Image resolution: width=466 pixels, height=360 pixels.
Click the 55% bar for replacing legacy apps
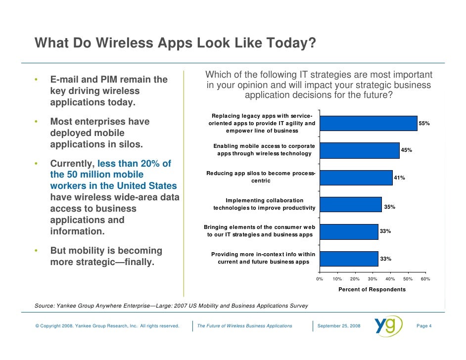369,123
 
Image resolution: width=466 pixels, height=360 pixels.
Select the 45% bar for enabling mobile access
360,150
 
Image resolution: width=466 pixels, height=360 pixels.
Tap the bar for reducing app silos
356,177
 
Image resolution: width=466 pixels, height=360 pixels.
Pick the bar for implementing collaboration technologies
351,204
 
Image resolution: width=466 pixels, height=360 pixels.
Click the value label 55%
424,123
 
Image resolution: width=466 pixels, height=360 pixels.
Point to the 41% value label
399,178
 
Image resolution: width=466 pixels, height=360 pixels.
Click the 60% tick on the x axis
425,279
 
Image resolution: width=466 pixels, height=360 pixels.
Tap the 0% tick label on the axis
320,279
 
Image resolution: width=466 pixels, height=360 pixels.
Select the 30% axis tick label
373,279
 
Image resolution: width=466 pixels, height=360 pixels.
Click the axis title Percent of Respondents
372,289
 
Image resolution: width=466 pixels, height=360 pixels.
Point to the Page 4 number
424,326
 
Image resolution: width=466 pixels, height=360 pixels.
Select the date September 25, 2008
339,326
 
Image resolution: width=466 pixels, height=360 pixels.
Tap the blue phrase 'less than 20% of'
135,163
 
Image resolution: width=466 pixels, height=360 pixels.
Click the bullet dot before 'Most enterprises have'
36,122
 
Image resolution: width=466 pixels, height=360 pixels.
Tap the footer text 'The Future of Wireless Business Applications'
244,326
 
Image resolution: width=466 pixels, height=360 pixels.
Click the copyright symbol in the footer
37,326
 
